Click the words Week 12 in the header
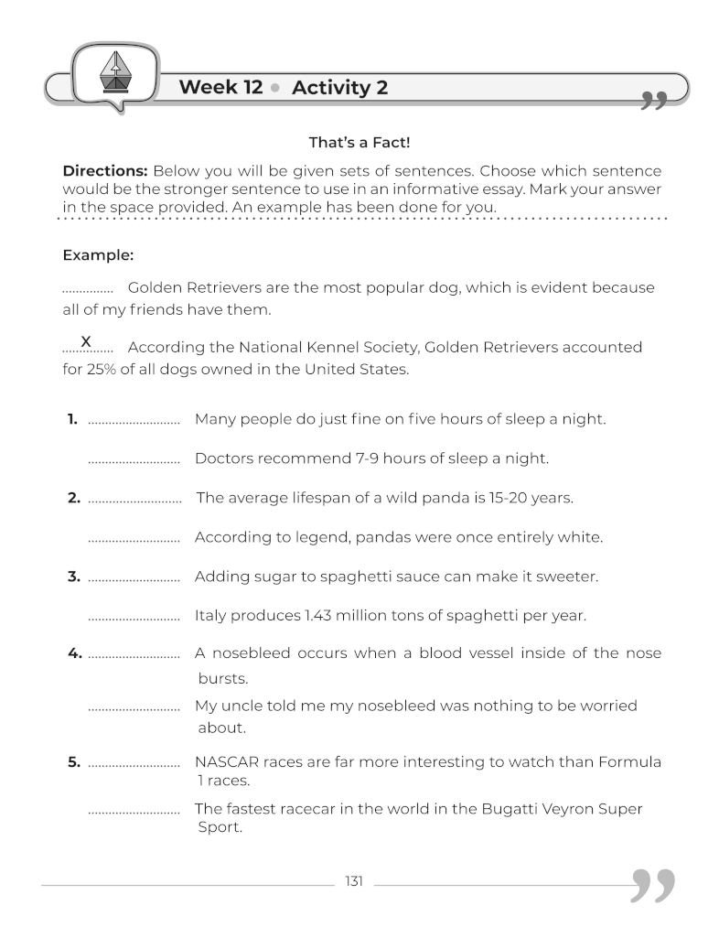tap(220, 88)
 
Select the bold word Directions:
tap(104, 171)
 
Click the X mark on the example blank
tap(86, 341)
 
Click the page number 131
tap(354, 881)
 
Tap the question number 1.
tap(72, 419)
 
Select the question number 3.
tap(73, 577)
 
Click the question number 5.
tap(73, 761)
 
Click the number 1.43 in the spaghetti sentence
tap(317, 616)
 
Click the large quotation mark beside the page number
tap(654, 885)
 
